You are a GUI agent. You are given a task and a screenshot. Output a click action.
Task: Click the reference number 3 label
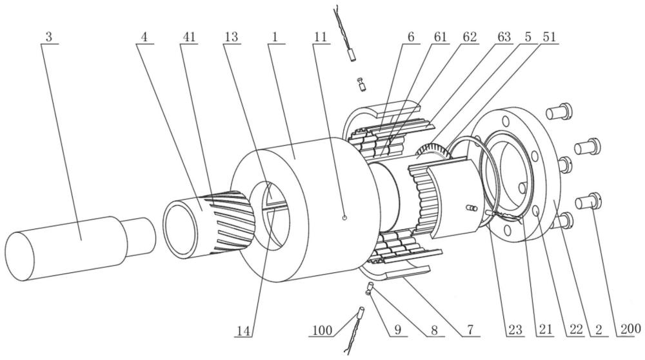(48, 37)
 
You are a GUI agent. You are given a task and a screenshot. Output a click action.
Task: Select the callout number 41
(189, 37)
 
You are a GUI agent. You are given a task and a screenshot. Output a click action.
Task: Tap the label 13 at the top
(231, 37)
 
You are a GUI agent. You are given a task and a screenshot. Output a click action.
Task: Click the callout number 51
(549, 37)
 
